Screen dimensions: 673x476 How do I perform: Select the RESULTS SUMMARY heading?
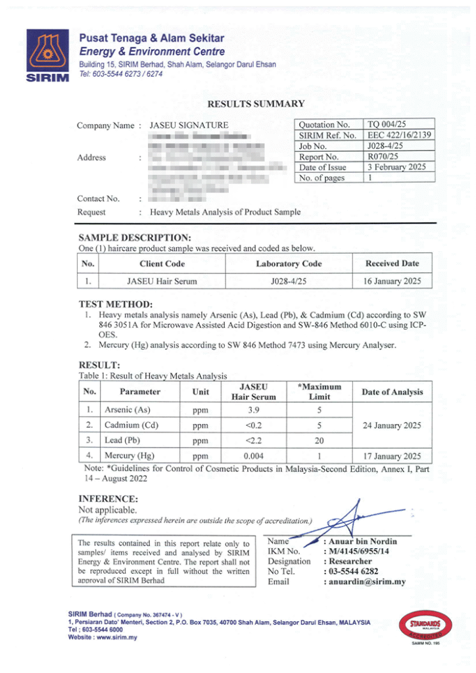(256, 103)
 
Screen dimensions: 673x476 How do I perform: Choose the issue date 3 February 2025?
(396, 167)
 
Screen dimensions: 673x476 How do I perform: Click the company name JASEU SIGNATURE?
(189, 125)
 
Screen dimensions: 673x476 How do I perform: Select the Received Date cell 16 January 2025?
(392, 281)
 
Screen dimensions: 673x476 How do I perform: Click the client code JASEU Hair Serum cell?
(162, 281)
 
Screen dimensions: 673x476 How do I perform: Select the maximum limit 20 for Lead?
(318, 440)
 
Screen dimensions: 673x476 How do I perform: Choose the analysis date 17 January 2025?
(392, 456)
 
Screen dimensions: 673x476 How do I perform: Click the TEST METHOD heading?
(116, 304)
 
